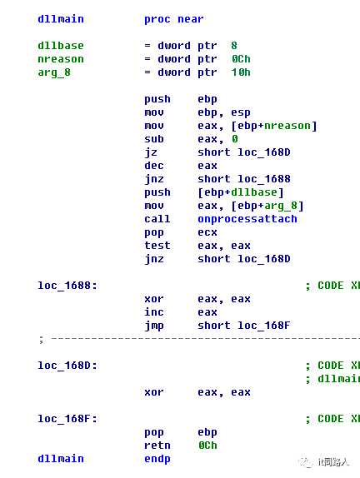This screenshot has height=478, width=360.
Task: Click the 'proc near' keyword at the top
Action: pos(174,19)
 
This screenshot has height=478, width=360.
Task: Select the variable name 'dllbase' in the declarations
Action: pos(61,46)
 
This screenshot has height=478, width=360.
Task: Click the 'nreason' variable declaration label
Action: pos(61,59)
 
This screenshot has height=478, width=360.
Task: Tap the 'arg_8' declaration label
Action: pos(54,72)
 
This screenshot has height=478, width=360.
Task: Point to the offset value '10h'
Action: pos(241,72)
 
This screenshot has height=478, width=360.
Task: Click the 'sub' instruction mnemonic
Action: pos(154,139)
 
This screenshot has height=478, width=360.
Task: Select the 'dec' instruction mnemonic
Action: pos(154,166)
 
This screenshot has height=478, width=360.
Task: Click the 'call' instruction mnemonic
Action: pos(157,219)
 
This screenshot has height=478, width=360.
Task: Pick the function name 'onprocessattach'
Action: pos(247,219)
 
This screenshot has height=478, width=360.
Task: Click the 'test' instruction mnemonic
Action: pos(157,246)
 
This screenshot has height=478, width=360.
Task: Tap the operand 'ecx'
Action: pos(207,232)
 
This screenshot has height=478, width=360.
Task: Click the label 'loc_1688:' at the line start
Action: pos(67,286)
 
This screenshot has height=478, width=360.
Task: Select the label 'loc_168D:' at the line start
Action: pos(67,366)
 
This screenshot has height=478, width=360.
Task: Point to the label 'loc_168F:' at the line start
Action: pos(67,419)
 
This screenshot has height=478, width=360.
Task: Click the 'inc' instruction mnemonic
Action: pos(154,312)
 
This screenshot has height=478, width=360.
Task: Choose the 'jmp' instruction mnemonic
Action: pos(154,326)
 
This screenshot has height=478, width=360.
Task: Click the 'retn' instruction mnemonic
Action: pos(157,446)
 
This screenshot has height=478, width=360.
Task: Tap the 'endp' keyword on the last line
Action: pos(157,459)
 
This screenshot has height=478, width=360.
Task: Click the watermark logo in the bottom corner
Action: pos(305,462)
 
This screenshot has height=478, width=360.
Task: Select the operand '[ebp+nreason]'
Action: pos(274,126)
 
